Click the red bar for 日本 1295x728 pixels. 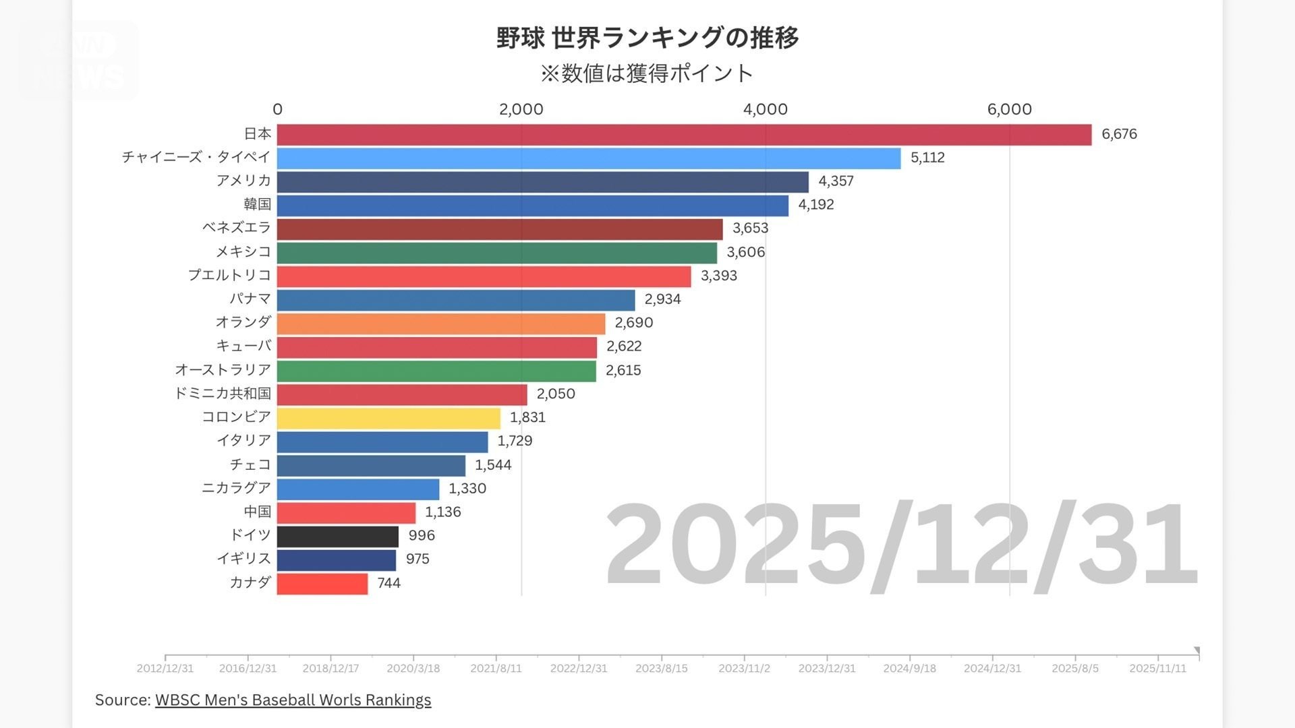point(684,135)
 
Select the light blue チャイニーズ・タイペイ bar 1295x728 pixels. point(588,158)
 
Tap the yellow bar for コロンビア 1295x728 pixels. point(388,418)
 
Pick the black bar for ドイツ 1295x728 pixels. point(337,537)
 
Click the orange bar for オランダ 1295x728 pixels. point(440,324)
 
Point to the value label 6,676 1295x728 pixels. point(1119,134)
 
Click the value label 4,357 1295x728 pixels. point(836,181)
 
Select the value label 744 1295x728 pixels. point(388,583)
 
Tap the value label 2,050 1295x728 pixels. point(556,394)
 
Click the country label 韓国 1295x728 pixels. point(257,204)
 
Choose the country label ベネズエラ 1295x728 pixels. point(236,228)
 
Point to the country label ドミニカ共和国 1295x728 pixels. point(223,394)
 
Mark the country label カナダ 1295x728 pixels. point(250,582)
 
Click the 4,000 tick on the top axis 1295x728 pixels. point(765,109)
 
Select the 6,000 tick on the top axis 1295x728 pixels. point(1009,109)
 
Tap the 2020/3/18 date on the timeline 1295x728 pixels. point(413,668)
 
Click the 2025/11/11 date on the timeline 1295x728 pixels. point(1157,668)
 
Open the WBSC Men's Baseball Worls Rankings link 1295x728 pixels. point(293,700)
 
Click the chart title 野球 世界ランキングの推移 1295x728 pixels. point(647,38)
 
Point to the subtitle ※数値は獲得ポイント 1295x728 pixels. point(646,73)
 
